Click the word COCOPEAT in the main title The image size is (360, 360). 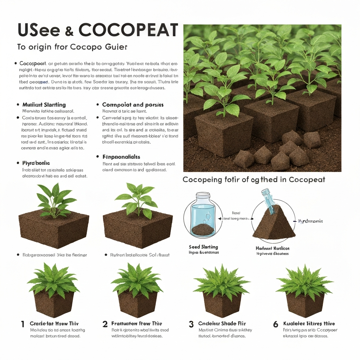(128, 31)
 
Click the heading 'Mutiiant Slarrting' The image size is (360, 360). (44, 105)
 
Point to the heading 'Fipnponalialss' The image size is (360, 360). (121, 157)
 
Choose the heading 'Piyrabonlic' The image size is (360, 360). (36, 163)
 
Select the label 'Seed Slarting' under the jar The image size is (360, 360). (203, 247)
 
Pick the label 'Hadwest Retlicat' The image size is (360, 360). (272, 248)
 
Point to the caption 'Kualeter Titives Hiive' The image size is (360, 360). (309, 323)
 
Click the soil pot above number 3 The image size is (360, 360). (222, 304)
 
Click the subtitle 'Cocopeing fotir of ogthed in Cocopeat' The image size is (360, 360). (254, 180)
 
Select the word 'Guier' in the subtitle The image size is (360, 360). (118, 47)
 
